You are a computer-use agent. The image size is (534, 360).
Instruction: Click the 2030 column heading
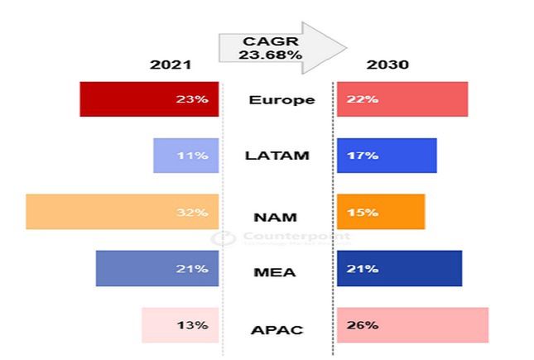pyautogui.click(x=387, y=65)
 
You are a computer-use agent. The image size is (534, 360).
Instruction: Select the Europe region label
pyautogui.click(x=281, y=100)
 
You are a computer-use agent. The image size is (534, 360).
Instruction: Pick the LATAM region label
pyautogui.click(x=277, y=155)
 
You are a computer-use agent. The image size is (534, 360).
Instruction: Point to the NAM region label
pyautogui.click(x=277, y=217)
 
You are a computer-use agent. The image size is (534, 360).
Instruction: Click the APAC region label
pyautogui.click(x=277, y=330)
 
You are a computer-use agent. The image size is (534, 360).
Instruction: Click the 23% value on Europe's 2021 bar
pyautogui.click(x=192, y=99)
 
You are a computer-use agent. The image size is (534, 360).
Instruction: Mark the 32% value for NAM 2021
pyautogui.click(x=192, y=212)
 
